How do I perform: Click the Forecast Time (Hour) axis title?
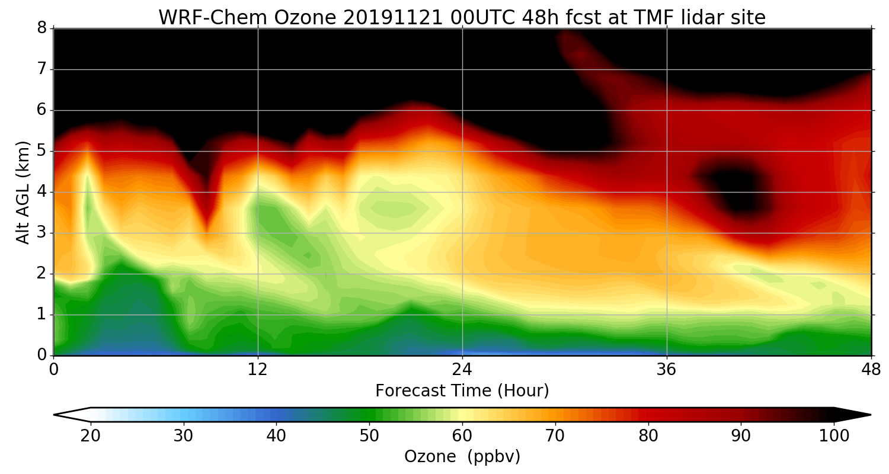(x=462, y=391)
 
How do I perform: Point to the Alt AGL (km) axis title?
(x=23, y=193)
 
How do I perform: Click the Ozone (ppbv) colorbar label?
(x=462, y=457)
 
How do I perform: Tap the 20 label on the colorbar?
(x=91, y=436)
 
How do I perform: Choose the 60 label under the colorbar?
(x=462, y=436)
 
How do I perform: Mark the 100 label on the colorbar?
(x=834, y=436)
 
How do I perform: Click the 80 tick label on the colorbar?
(x=648, y=436)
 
